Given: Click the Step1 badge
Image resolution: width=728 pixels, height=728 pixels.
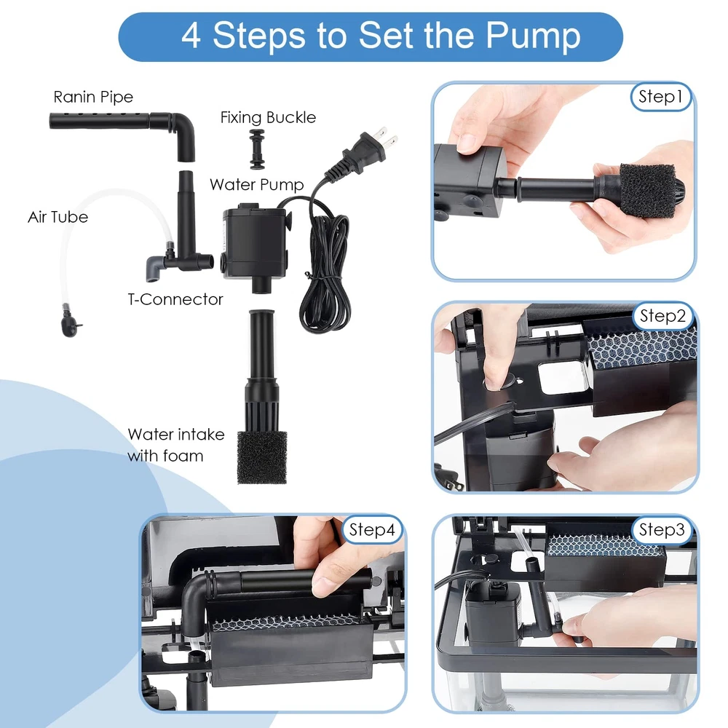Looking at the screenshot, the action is tap(661, 97).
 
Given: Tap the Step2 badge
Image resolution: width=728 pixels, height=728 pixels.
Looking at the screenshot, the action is tap(662, 316).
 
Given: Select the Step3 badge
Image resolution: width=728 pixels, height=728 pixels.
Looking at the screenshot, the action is tap(662, 530).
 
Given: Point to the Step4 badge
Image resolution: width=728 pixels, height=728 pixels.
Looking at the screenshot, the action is tap(372, 530).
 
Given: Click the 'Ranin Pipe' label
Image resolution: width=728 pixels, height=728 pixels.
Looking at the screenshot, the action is tap(93, 97).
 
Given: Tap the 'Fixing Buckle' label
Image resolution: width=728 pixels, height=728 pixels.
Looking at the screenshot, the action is tap(268, 117).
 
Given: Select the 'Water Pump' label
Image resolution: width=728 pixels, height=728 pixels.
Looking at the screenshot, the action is tap(257, 185).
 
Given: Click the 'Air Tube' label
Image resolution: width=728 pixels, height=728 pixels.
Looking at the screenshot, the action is tap(58, 217).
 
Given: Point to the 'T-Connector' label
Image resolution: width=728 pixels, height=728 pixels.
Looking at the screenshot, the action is tap(175, 299).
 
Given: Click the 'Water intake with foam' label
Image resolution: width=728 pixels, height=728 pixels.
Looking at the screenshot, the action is tap(176, 446).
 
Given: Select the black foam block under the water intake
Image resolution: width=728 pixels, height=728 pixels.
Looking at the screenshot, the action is tap(262, 458).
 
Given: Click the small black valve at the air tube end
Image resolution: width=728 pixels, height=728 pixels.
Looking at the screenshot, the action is tap(70, 322).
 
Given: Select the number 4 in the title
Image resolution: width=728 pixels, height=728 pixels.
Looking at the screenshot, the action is tap(191, 36).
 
